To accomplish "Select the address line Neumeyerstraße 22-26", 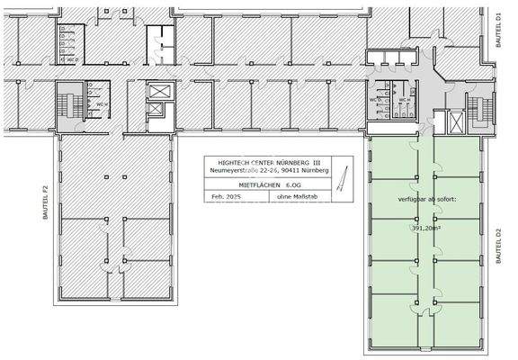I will pos(267,169).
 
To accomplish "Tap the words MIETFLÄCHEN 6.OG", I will pos(267,183).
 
